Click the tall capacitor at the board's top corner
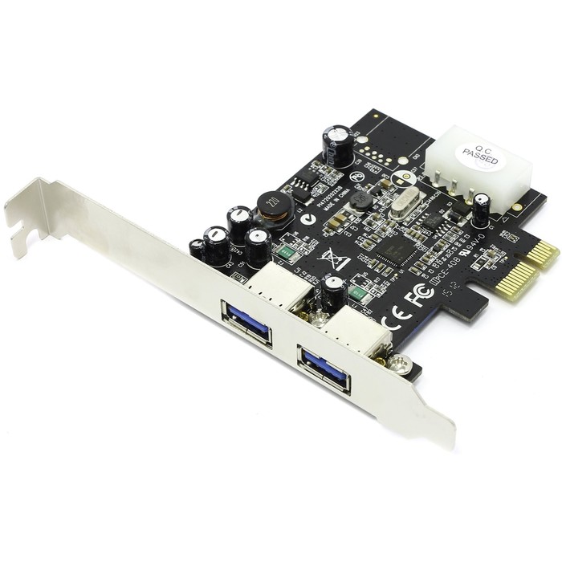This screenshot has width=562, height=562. click(x=336, y=142)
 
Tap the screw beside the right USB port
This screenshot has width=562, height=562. click(x=399, y=365)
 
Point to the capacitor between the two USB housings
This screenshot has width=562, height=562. click(x=332, y=293)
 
